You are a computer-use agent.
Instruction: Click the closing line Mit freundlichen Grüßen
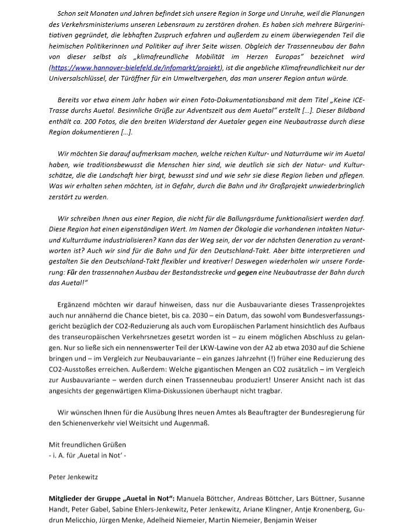click(x=87, y=444)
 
